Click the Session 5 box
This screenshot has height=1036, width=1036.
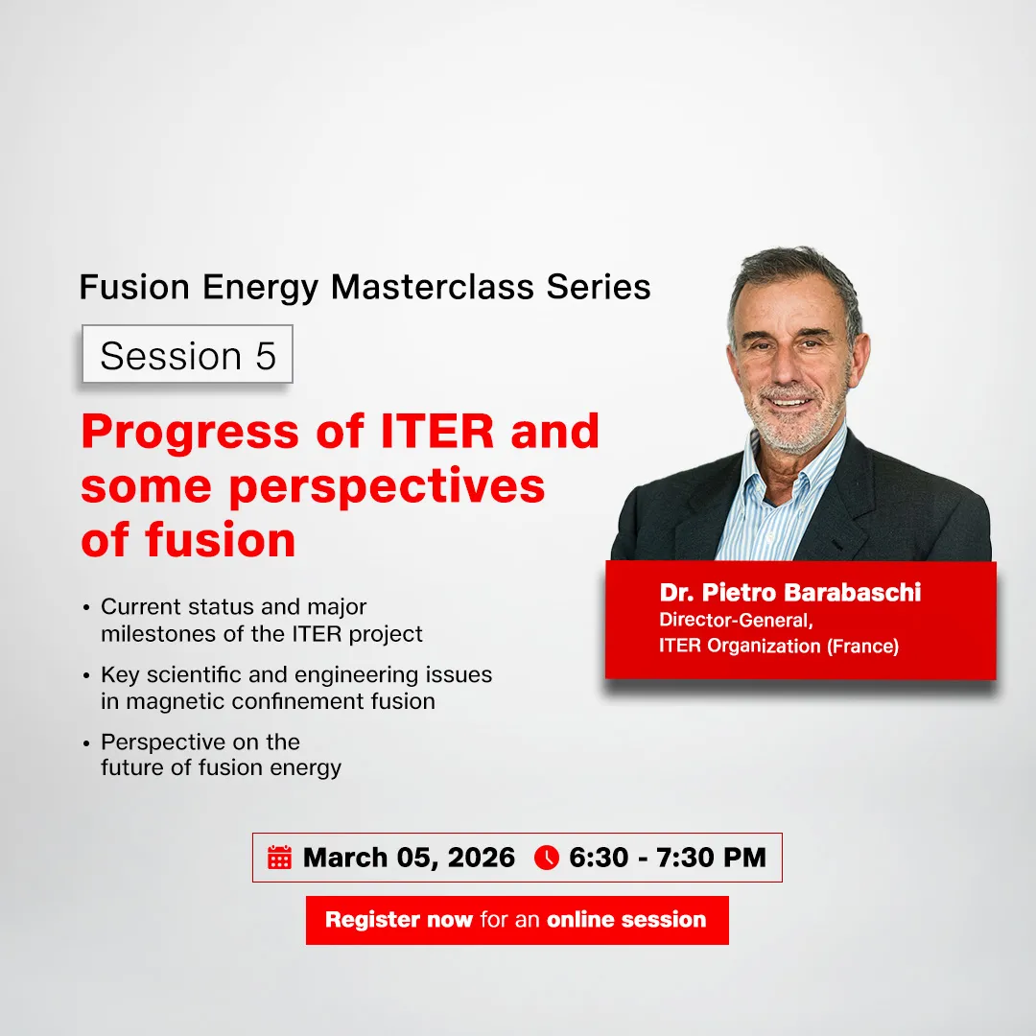click(x=187, y=355)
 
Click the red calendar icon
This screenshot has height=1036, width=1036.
click(x=279, y=858)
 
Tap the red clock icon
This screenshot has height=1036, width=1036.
click(x=546, y=858)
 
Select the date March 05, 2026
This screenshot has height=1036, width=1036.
click(x=409, y=858)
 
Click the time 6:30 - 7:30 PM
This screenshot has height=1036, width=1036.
click(x=668, y=858)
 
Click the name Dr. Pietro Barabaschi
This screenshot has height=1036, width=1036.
click(x=790, y=592)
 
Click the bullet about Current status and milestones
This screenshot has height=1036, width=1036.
click(x=261, y=620)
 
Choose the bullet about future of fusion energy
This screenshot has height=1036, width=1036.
click(x=221, y=754)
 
